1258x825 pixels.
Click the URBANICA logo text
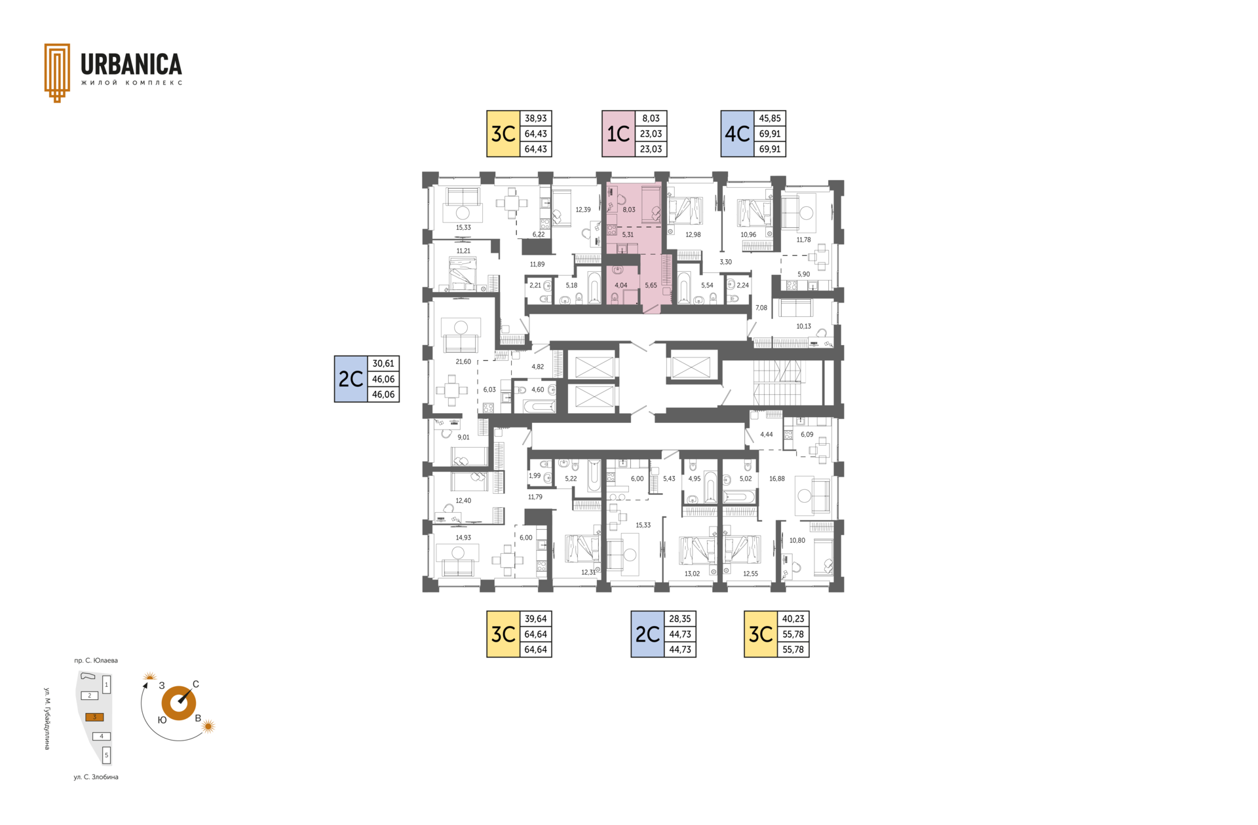coord(131,64)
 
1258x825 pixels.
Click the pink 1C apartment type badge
coord(619,134)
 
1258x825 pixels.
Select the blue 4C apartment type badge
coord(737,134)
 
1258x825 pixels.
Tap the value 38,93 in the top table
coord(535,119)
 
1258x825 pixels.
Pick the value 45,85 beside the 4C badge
coord(770,119)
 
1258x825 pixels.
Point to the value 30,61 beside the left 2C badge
coord(383,363)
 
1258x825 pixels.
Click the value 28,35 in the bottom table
coord(680,619)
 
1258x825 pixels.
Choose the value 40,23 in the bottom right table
coord(793,619)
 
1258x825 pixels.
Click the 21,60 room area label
coord(463,361)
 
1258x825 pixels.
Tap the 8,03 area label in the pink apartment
coord(629,210)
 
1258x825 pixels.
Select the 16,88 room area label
coord(777,479)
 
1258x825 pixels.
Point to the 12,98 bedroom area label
coord(693,234)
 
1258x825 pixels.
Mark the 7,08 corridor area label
coord(761,308)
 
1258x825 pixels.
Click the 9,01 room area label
coord(463,437)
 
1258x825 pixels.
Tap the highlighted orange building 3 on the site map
coord(94,717)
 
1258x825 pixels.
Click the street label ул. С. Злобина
coord(96,777)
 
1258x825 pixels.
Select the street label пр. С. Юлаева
coord(96,661)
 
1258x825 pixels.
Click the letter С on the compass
coord(196,684)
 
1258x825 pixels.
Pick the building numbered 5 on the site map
coord(107,755)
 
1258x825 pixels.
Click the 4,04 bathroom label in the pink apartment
coord(621,285)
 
